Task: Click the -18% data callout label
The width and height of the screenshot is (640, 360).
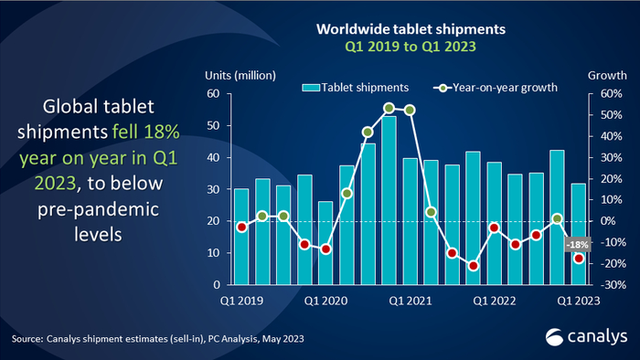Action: [577, 244]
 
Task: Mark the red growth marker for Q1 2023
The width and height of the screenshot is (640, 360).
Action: [578, 259]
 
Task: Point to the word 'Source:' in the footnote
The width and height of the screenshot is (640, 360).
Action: [26, 339]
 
